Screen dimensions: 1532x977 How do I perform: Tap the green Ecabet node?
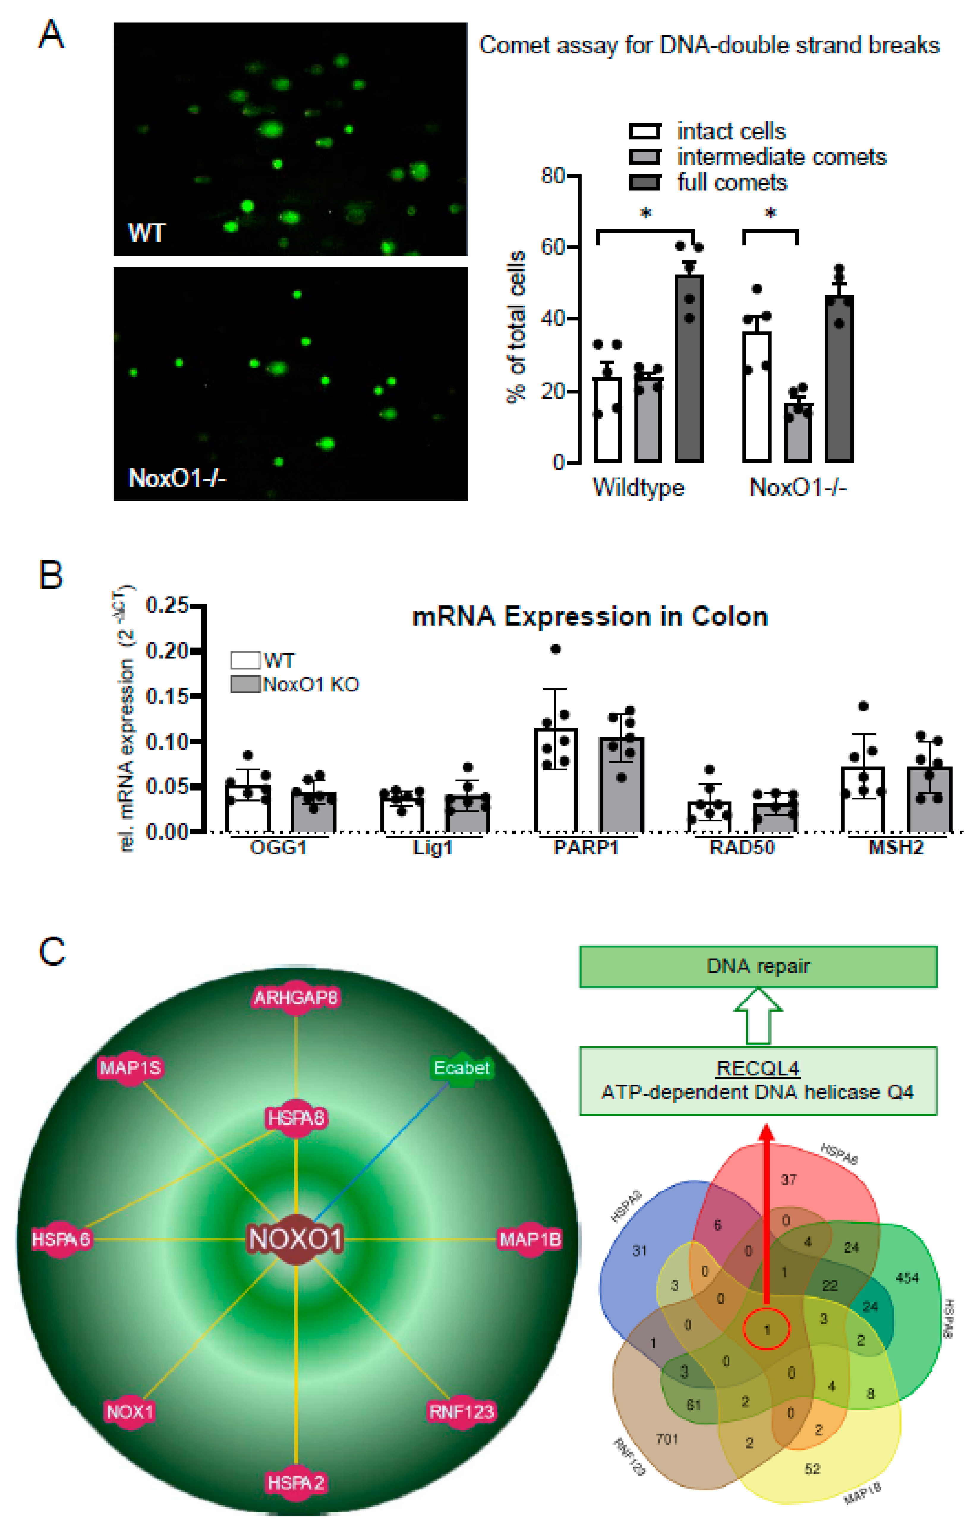point(461,1068)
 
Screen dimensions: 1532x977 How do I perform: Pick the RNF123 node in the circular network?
point(461,1412)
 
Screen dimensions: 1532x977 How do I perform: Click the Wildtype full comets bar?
point(689,369)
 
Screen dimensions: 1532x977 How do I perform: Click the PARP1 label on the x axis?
point(586,848)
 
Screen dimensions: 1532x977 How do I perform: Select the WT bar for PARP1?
point(556,781)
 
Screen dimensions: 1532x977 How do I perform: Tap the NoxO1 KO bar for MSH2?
point(929,800)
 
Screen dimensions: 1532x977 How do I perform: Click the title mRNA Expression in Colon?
point(590,616)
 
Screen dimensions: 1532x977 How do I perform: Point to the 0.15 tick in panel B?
point(167,697)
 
